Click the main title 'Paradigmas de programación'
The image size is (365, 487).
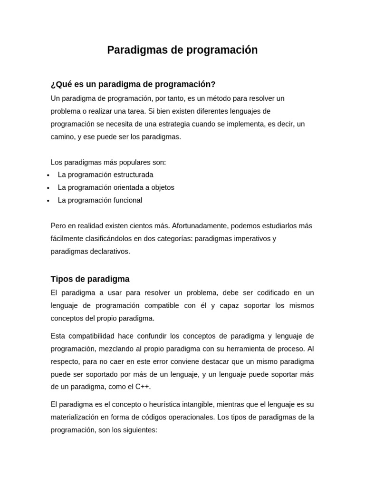182,50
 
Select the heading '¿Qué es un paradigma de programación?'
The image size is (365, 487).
133,84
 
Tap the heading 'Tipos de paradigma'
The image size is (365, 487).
90,279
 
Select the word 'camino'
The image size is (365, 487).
62,136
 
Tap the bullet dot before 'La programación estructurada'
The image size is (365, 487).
48,175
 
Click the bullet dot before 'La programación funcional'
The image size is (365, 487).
48,201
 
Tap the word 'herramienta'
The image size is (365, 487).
236,349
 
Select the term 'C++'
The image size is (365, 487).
142,387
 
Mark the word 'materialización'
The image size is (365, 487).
76,417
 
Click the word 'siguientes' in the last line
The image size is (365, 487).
139,430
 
